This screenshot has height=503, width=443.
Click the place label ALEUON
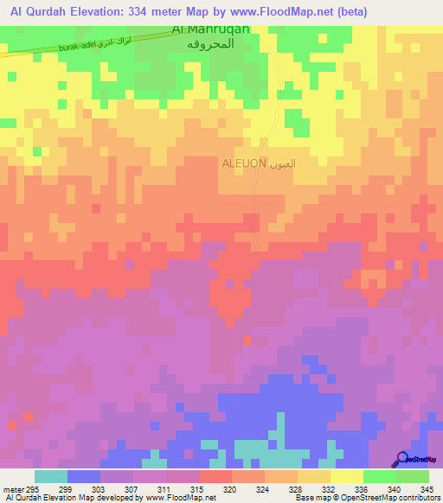pos(244,162)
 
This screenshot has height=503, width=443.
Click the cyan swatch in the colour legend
pos(51,476)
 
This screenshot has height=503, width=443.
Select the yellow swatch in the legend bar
pos(346,476)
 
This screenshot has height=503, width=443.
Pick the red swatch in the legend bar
pos(215,476)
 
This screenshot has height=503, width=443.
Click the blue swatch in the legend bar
pos(84,476)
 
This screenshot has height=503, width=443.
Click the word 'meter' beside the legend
pos(10,489)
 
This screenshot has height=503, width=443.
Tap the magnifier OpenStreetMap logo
pos(403,459)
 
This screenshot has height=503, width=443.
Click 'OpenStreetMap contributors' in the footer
pos(395,499)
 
